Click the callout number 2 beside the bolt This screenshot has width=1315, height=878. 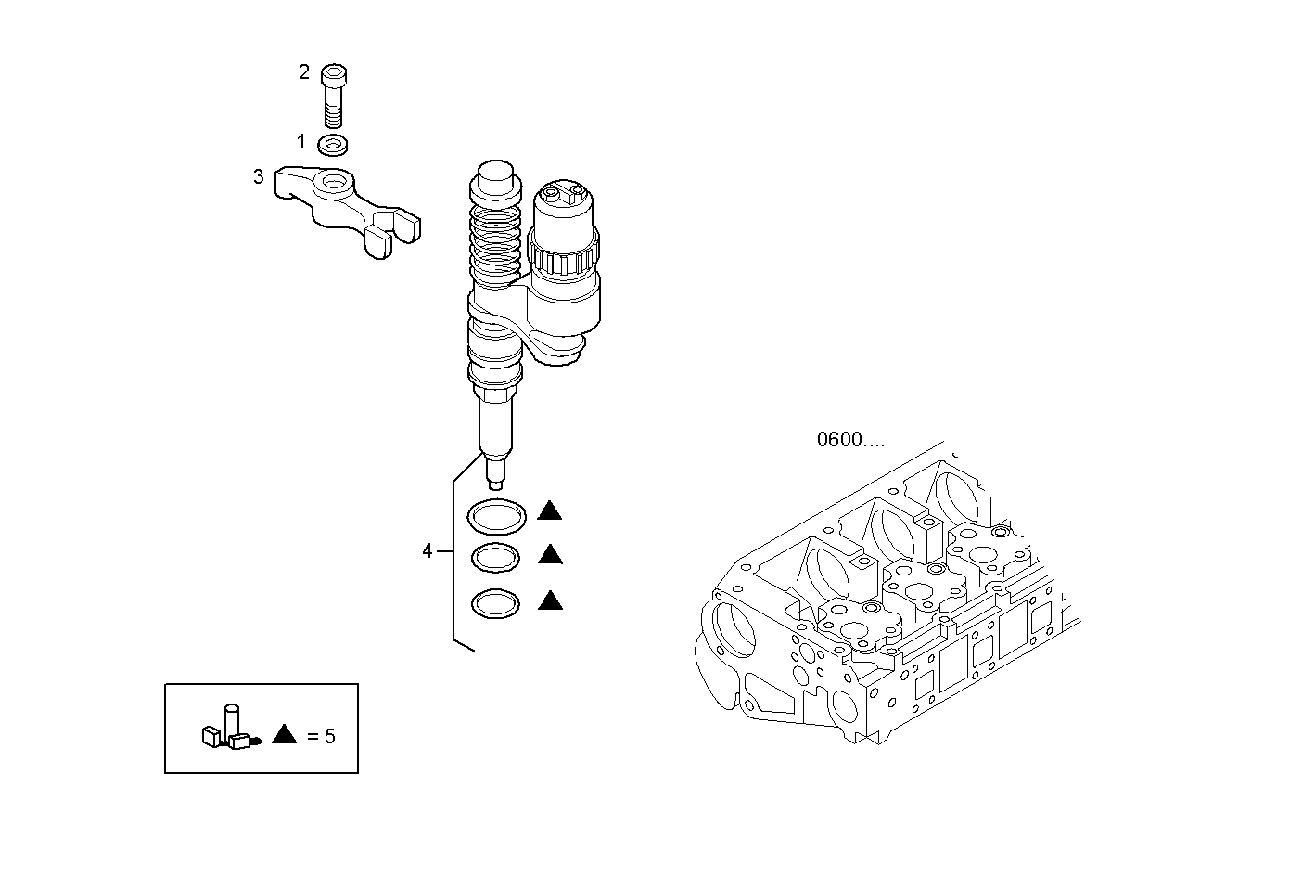(x=304, y=72)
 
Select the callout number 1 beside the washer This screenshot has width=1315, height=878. (x=300, y=142)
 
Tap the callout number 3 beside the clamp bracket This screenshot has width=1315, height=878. (x=259, y=176)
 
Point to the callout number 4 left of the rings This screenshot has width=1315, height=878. (x=428, y=551)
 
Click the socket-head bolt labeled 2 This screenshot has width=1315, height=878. (x=334, y=95)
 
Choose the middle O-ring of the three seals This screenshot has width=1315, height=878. (x=495, y=558)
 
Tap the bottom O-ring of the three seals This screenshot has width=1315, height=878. (x=495, y=603)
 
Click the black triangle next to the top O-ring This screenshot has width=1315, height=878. (x=550, y=510)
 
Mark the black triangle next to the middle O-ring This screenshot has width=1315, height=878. (x=550, y=555)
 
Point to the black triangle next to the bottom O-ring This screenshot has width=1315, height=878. (x=550, y=601)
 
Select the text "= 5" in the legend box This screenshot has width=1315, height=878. (x=321, y=737)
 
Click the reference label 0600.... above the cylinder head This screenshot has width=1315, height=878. (x=850, y=440)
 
